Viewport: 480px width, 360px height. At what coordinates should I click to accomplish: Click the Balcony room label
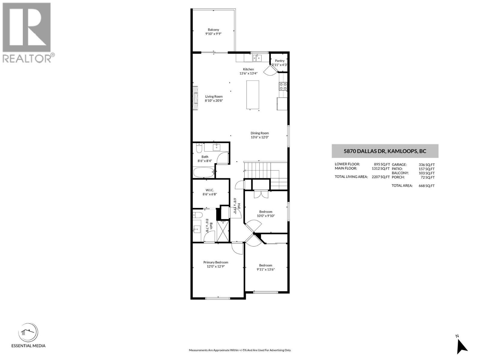point(213,30)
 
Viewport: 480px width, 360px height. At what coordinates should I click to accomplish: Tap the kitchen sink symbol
point(257,58)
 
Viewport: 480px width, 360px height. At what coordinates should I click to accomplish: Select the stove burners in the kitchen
point(283,86)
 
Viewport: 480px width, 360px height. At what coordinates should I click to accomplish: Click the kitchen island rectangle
point(253,95)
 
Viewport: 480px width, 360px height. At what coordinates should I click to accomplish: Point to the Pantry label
point(280,61)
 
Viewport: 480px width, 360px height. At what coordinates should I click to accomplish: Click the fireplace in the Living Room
point(195,98)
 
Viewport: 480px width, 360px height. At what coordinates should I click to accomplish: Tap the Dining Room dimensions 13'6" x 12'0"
point(259,137)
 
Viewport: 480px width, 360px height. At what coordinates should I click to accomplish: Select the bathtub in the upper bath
point(204,173)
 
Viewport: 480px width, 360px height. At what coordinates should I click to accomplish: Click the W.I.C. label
point(210,190)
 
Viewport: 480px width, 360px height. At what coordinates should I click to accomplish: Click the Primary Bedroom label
point(216,262)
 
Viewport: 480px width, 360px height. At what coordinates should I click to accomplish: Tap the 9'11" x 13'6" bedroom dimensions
point(265,269)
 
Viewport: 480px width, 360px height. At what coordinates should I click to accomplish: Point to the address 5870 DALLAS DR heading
point(385,151)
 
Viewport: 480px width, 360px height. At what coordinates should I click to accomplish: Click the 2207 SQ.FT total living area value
point(381,177)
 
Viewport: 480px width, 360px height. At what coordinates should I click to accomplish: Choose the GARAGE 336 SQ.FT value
point(427,164)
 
